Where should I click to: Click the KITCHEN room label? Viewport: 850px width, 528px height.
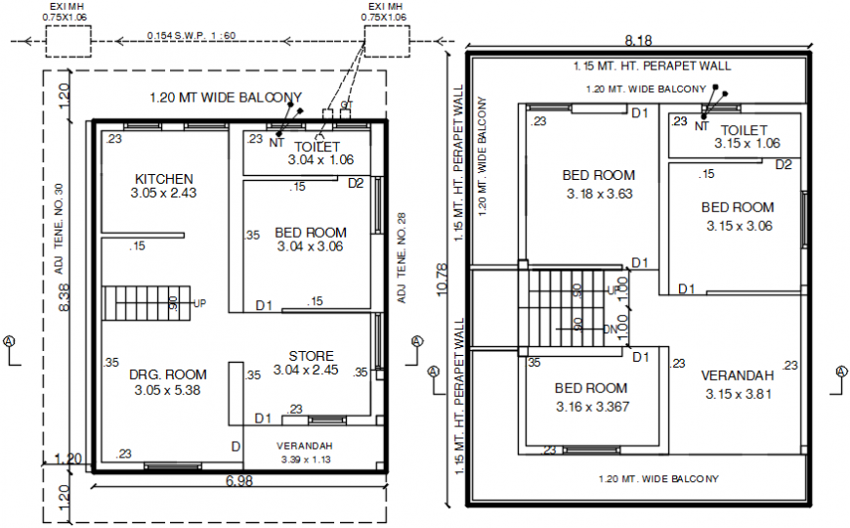point(163,179)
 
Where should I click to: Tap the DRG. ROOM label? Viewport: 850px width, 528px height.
point(168,374)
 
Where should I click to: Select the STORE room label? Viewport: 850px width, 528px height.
point(311,356)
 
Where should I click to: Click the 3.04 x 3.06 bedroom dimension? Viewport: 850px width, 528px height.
point(310,247)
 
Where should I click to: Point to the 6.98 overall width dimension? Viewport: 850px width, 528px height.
point(239,482)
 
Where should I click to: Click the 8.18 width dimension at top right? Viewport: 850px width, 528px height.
point(638,40)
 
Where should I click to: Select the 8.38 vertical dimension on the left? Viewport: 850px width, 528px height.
point(64,298)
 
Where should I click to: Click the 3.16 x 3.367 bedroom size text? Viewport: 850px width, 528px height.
point(592,406)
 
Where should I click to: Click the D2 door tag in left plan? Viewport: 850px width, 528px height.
point(356,183)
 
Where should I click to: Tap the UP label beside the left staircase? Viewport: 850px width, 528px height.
point(199,303)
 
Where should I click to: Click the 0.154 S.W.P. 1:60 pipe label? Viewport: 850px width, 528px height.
point(191,36)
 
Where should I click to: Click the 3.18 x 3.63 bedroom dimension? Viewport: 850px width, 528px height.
point(599,194)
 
